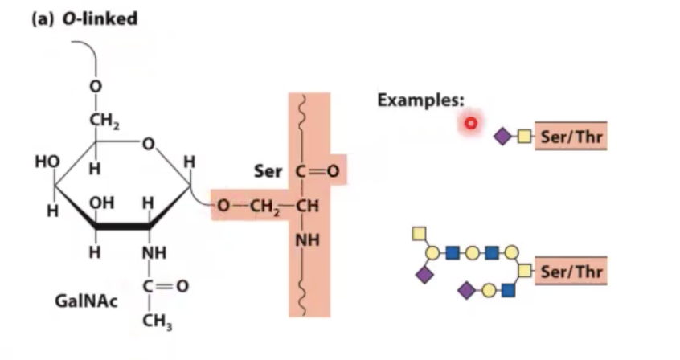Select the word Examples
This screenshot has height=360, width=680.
[x=420, y=100]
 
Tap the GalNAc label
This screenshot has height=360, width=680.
[x=78, y=301]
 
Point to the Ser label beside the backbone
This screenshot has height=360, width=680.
[x=267, y=171]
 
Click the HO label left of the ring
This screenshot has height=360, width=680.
[x=46, y=161]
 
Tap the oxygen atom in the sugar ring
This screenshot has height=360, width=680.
[x=150, y=145]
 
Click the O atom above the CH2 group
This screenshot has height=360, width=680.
[x=95, y=86]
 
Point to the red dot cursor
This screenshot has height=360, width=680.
[x=471, y=123]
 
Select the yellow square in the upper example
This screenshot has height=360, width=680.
[x=524, y=137]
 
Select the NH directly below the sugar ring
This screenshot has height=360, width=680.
[x=154, y=252]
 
